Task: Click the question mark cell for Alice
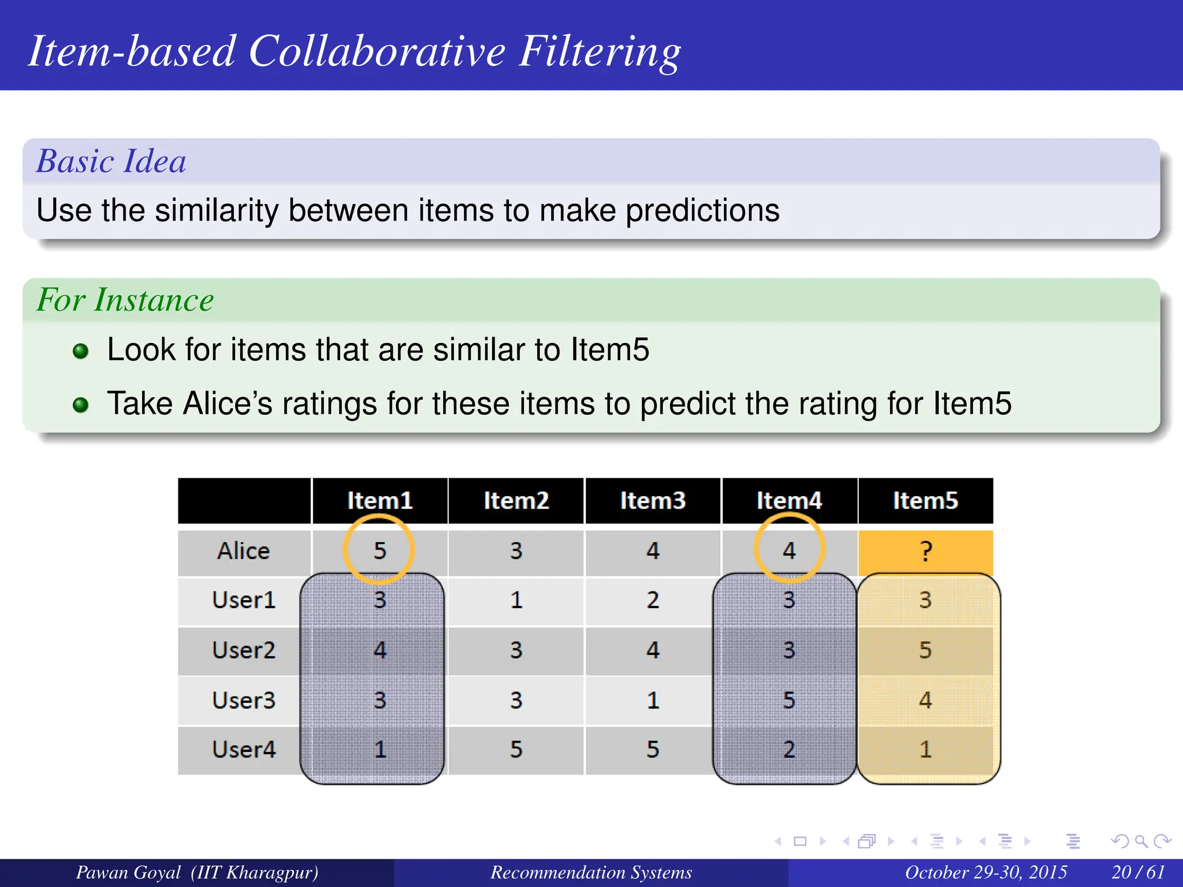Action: [925, 551]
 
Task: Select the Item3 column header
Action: [653, 501]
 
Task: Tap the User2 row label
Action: [244, 650]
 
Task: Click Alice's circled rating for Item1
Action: [380, 550]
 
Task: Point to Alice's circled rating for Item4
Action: [789, 550]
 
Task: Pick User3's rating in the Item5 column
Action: [925, 700]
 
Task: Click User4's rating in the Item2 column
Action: [516, 750]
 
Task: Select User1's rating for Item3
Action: [653, 601]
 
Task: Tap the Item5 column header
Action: [925, 501]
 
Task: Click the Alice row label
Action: [244, 551]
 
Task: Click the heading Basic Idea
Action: [111, 161]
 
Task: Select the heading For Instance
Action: [125, 300]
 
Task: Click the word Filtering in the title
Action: [600, 52]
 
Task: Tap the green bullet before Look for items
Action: [81, 351]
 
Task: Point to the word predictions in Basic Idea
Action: [702, 210]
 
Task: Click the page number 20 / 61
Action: [1137, 872]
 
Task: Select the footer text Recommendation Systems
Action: [591, 872]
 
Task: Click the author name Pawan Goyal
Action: [128, 872]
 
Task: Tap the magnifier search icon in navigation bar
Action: [1141, 841]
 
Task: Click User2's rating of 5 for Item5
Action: [925, 650]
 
